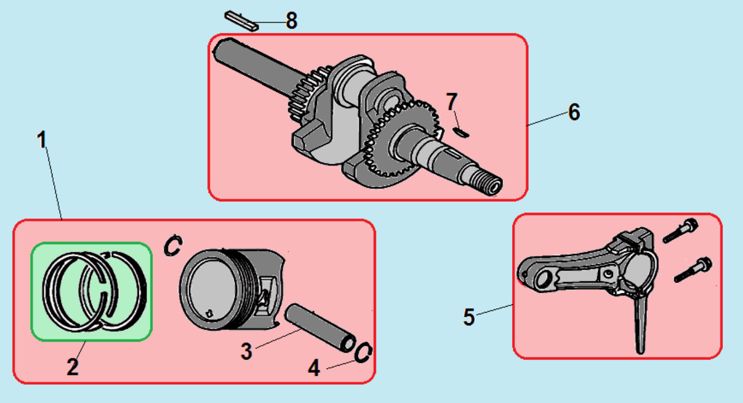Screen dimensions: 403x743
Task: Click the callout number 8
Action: point(291,21)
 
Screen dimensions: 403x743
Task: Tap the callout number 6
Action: point(574,112)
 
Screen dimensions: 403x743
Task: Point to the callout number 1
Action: point(42,140)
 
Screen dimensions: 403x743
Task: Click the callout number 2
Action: point(73,367)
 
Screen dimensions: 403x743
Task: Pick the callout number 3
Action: point(247,352)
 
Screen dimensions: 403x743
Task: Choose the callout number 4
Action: point(315,368)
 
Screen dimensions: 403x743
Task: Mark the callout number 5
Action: point(469,317)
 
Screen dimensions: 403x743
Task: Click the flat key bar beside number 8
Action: point(241,20)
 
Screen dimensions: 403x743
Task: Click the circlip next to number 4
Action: point(363,352)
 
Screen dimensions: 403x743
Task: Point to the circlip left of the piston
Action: point(172,245)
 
